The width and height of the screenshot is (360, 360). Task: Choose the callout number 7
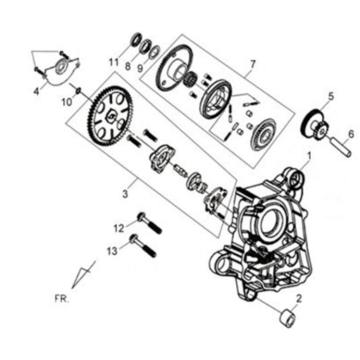coord(253,64)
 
